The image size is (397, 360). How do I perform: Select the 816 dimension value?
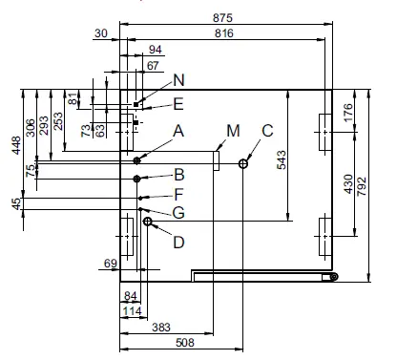pos(225,33)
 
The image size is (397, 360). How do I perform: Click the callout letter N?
pos(178,81)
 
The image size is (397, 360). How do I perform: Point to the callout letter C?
pos(267,130)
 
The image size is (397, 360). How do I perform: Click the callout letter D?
pos(178,242)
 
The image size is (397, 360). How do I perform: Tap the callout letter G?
pos(178,210)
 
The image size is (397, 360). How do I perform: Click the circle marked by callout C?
pos(244,163)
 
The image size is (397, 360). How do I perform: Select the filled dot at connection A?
pos(138,159)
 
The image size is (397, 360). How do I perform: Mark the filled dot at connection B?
pos(138,179)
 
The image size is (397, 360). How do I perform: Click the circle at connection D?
pos(147,222)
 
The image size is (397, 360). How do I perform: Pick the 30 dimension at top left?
pos(101,33)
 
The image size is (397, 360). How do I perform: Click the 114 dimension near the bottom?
pos(133,311)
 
